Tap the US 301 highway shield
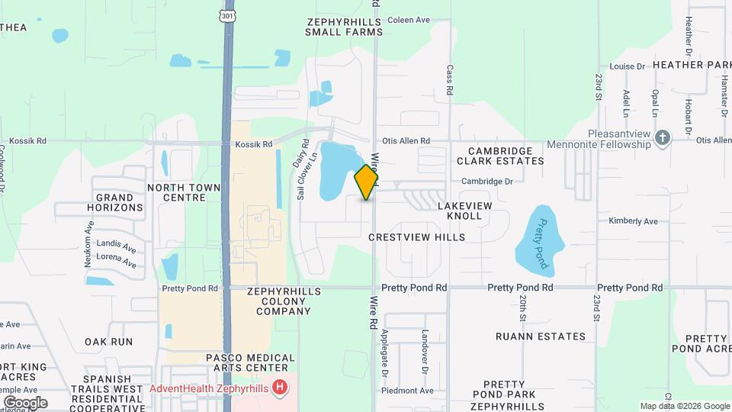click(x=227, y=14)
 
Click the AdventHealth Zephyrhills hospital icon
click(x=281, y=388)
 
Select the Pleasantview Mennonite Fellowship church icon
click(x=663, y=137)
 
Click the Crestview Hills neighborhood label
click(x=416, y=237)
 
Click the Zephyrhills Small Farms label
click(x=343, y=27)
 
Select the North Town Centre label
click(x=184, y=192)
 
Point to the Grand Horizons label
click(x=115, y=202)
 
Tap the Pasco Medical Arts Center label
click(x=250, y=363)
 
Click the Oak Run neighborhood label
click(x=109, y=342)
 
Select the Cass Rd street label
click(x=450, y=79)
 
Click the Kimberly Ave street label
click(x=633, y=221)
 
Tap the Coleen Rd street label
click(x=411, y=21)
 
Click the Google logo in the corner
click(x=25, y=402)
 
